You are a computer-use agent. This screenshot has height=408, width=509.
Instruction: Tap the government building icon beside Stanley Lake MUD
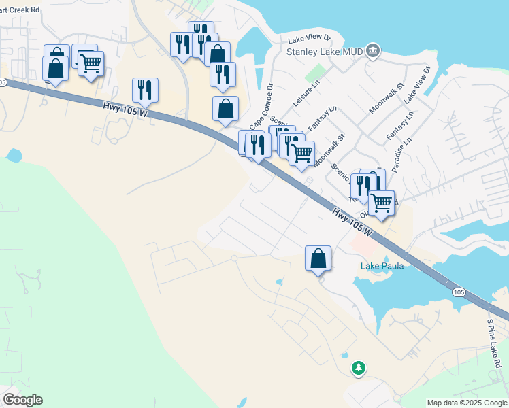[x=372, y=50]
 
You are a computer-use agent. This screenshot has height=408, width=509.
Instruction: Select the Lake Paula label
[x=382, y=266]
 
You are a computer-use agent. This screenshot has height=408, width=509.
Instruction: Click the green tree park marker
[x=358, y=368]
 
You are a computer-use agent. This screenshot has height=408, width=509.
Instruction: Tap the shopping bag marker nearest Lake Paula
[x=318, y=259]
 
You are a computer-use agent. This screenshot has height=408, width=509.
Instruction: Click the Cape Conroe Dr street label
[x=261, y=107]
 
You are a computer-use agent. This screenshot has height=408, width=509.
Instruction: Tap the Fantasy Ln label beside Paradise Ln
[x=399, y=126]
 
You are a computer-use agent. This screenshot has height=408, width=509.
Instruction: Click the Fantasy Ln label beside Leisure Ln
[x=323, y=118]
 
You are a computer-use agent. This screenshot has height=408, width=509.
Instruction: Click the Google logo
[x=22, y=400]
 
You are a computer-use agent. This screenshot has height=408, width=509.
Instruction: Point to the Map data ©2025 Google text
[x=467, y=403]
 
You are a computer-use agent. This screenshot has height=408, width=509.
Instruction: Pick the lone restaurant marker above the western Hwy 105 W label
[x=145, y=90]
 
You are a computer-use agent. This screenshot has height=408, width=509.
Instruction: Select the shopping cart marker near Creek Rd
[x=91, y=64]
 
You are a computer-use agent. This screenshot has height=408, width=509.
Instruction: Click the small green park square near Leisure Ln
[x=315, y=71]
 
